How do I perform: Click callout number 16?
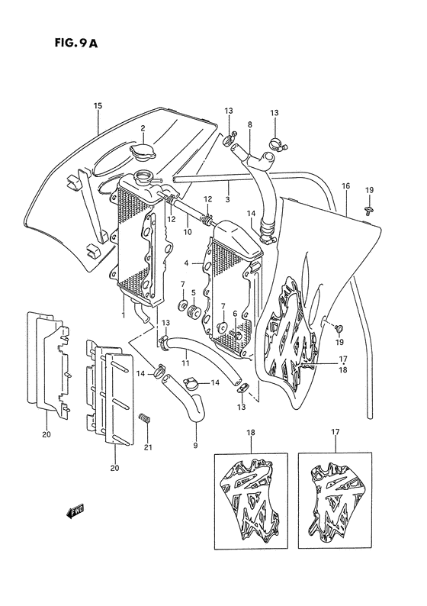click(x=345, y=186)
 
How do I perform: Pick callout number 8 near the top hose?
click(x=249, y=124)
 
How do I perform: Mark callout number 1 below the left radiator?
click(x=123, y=314)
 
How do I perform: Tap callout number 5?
click(x=194, y=292)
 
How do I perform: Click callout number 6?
click(x=236, y=314)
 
